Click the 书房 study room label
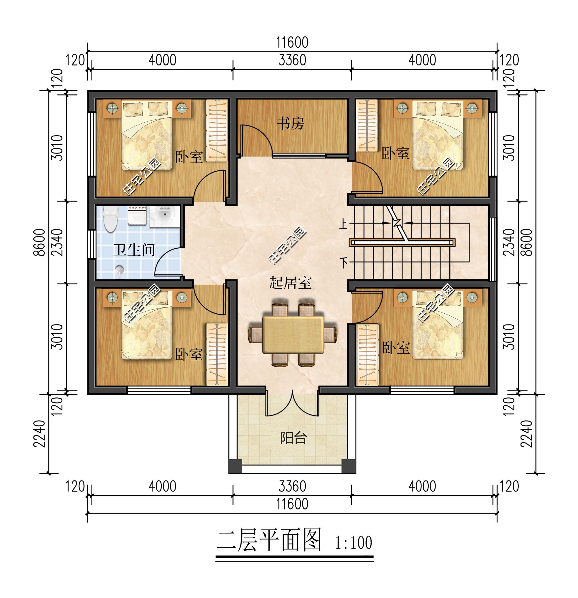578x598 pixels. (290, 124)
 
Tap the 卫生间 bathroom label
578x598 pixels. (134, 250)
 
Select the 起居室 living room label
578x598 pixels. (290, 283)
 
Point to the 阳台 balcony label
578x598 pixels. (293, 438)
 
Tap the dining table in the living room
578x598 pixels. (293, 335)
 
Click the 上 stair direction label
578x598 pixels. (344, 224)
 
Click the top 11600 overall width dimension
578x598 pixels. (292, 42)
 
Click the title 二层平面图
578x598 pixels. (269, 540)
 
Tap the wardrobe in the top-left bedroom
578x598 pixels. (217, 131)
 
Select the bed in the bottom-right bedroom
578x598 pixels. (438, 325)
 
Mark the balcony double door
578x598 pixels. (293, 404)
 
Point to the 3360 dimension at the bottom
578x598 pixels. (292, 486)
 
